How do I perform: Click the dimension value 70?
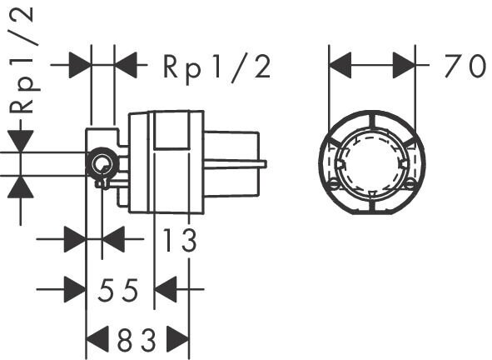coord(463,66)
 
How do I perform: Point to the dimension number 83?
coord(137,340)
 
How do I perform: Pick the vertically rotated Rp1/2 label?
coord(23,58)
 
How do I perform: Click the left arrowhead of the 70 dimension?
coord(341,65)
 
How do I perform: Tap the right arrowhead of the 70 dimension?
coord(404,65)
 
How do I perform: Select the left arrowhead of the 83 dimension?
coord(98,340)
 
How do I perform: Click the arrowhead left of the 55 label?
coord(75,291)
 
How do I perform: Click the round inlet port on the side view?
coord(102,163)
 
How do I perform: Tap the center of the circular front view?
coord(373,162)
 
